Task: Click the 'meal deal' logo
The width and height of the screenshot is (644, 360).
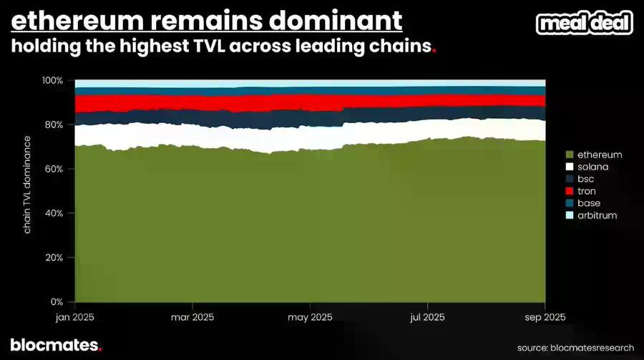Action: tap(585, 23)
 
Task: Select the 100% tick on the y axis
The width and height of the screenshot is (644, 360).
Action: tap(53, 80)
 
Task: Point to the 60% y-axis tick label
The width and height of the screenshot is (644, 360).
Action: tap(55, 169)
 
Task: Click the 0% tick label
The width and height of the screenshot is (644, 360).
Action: tap(58, 301)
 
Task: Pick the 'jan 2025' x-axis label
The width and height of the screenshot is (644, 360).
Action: tap(74, 316)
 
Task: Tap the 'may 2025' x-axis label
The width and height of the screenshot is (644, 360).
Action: tap(309, 316)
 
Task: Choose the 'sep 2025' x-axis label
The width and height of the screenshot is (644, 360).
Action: tap(545, 316)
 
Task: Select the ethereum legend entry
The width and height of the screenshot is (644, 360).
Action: tap(592, 155)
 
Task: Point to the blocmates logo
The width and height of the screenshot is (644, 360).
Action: tap(56, 345)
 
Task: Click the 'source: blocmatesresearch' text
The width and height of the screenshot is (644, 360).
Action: tap(575, 348)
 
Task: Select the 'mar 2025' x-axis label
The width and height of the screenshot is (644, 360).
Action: tap(192, 316)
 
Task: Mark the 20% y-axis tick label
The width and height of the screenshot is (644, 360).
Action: tap(55, 258)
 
